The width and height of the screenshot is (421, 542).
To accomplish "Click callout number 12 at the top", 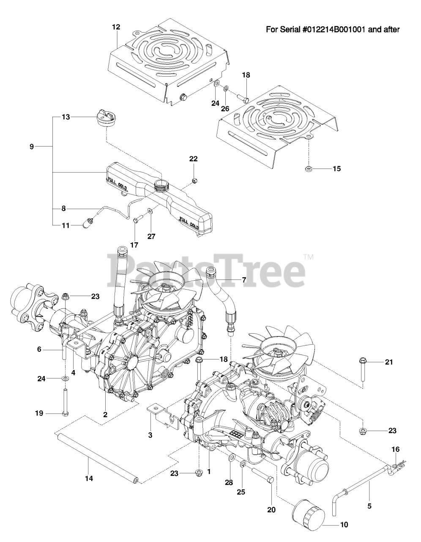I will [x=116, y=27].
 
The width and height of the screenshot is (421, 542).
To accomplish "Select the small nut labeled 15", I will [x=309, y=169].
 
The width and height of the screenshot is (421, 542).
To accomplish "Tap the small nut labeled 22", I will [x=194, y=181].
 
